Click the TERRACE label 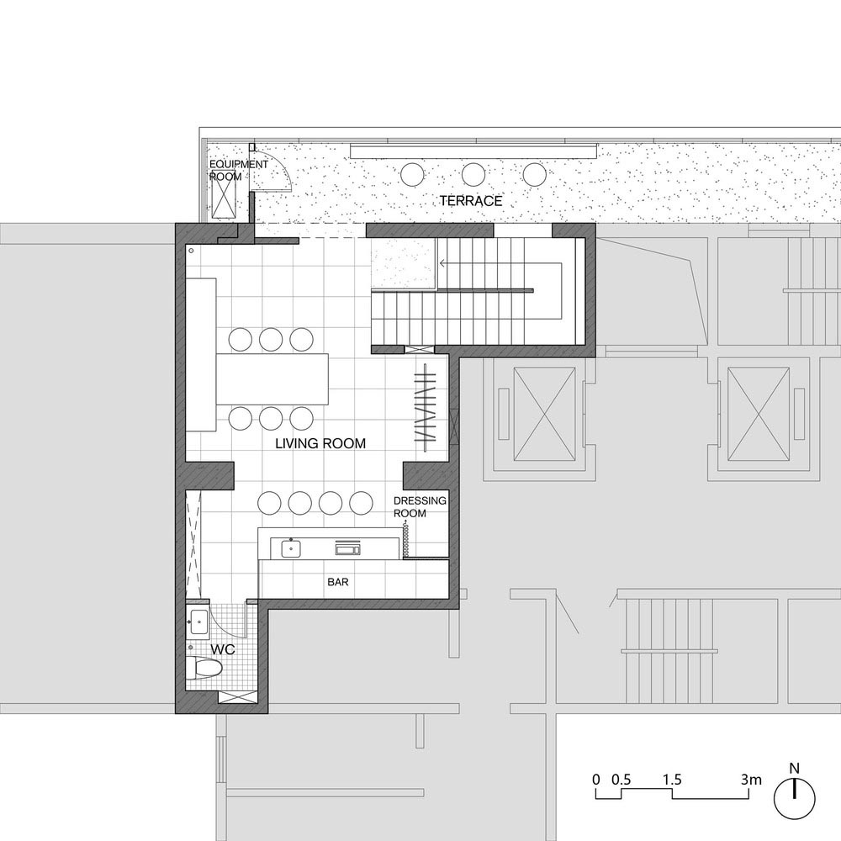coord(471,201)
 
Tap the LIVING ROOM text coord(320,443)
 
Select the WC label coord(223,649)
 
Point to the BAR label coord(338,582)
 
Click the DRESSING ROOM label coord(420,507)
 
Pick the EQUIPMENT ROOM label coord(238,170)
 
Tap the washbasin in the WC coord(198,622)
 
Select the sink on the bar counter coord(291,548)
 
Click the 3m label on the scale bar coord(751,780)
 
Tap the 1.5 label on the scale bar coord(671,780)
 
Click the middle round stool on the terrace coord(473,175)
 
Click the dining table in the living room coord(272,379)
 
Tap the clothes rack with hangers coord(426,404)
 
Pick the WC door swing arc coord(226,621)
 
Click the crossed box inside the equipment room coord(225,194)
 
